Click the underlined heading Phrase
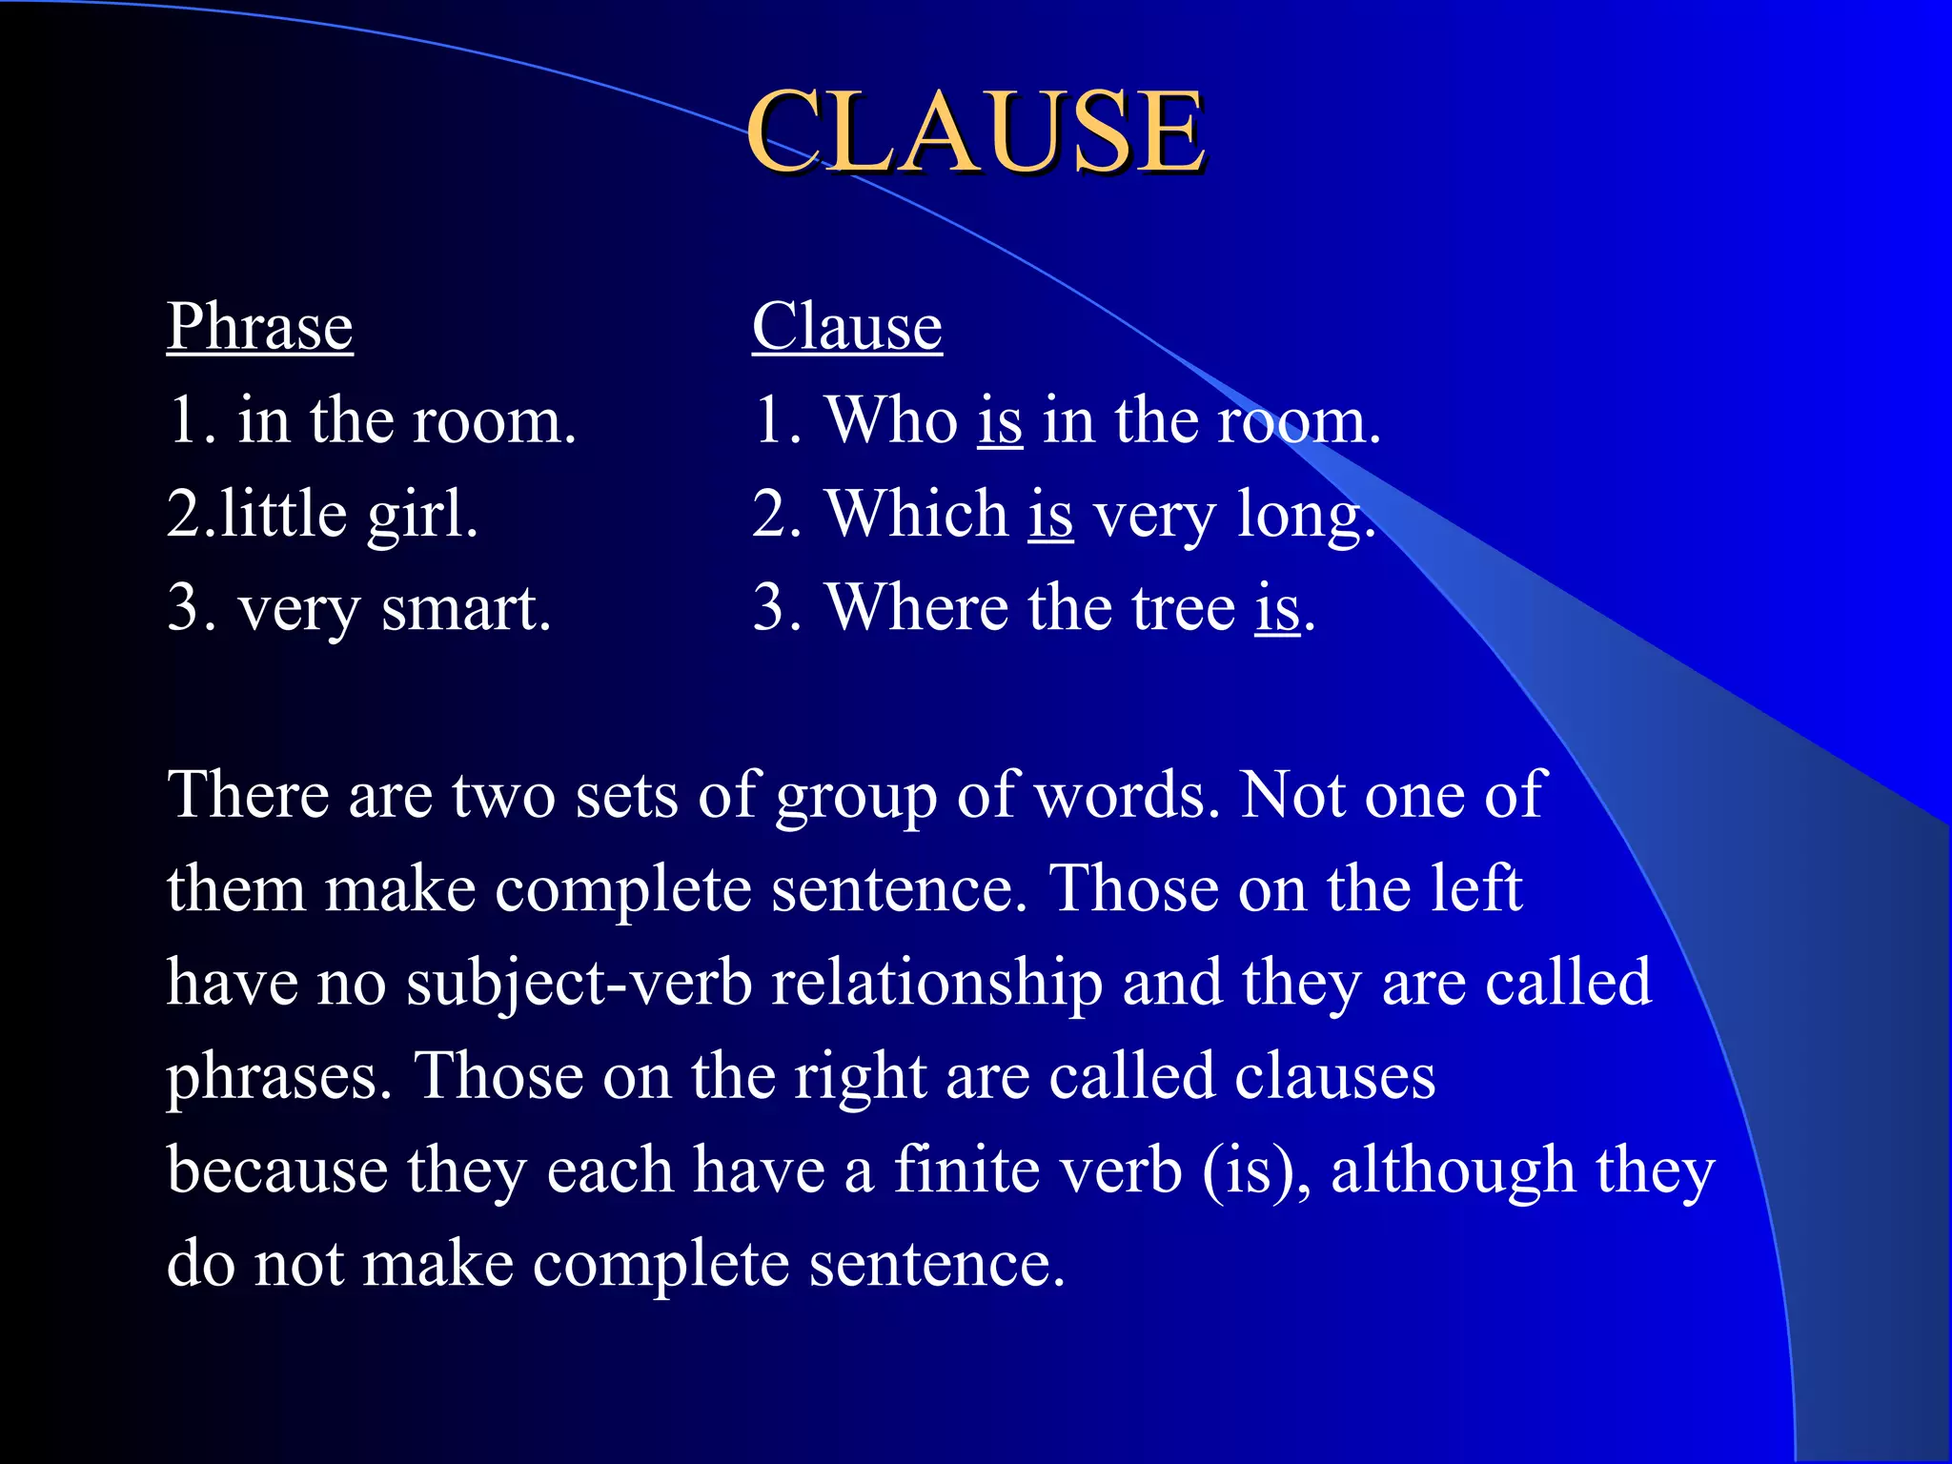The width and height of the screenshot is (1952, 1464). coord(260,326)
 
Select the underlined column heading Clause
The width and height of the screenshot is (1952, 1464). coord(847,326)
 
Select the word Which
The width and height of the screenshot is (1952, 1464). coord(917,514)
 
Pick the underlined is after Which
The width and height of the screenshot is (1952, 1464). coord(1050,514)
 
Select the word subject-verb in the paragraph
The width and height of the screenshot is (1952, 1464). coord(579,983)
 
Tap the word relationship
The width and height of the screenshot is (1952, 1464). coord(937,983)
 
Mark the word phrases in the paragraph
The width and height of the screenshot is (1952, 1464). coord(279,1078)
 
